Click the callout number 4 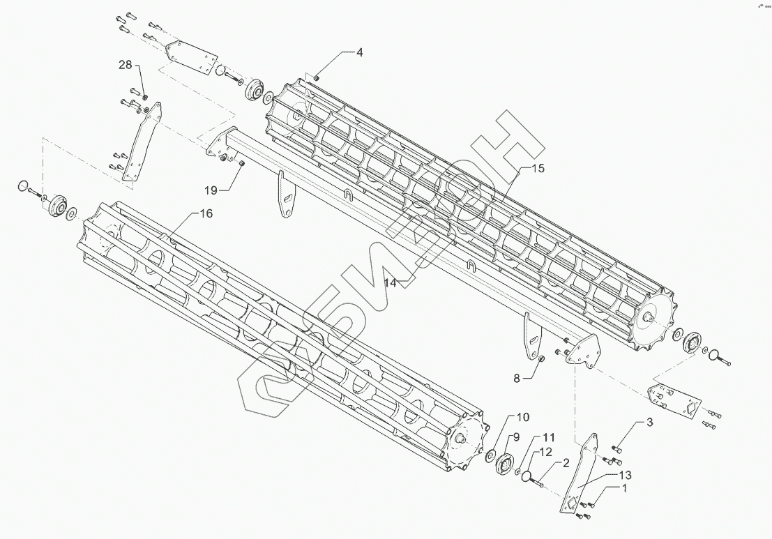360,52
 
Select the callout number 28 125,65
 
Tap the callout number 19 211,189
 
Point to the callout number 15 537,169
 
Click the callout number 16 206,213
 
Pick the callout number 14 390,283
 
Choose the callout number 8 517,379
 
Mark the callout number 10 522,417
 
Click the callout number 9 517,437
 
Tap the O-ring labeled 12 533,479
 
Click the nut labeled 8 540,359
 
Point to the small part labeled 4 316,78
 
